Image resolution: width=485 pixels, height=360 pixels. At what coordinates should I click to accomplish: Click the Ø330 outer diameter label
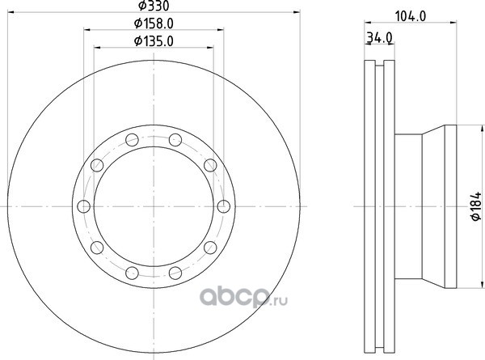coord(154,6)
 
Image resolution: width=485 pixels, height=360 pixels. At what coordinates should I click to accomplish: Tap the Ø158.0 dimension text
coord(154,23)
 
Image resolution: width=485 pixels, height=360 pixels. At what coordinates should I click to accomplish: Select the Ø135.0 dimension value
coord(154,41)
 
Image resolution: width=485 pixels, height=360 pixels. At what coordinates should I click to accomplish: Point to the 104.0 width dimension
coord(411,16)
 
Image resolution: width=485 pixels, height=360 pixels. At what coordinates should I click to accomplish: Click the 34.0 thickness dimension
coord(380,38)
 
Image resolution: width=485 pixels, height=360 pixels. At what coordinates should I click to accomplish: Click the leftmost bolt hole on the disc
coord(84,206)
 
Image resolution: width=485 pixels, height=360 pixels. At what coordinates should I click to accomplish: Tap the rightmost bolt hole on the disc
coord(224,206)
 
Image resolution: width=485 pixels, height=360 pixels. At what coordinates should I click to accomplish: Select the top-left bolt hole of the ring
coord(132,140)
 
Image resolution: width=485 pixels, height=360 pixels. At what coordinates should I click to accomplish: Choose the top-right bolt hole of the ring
coord(175,140)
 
